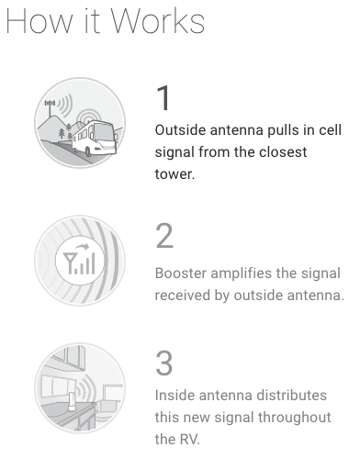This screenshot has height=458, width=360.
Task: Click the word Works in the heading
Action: tap(157, 21)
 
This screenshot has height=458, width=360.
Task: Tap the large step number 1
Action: tap(163, 98)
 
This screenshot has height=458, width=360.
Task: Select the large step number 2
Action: tap(164, 236)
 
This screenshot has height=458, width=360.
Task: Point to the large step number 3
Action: tap(164, 363)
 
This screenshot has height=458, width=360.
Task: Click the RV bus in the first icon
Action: tap(95, 139)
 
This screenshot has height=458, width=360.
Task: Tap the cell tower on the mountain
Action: tap(51, 107)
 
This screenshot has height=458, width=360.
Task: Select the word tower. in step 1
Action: tap(174, 174)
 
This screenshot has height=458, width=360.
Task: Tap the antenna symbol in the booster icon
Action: tap(68, 263)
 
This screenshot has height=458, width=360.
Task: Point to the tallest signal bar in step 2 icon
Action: tap(93, 263)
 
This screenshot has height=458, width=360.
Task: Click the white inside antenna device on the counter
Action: tap(73, 402)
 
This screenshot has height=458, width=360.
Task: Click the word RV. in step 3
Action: tap(189, 440)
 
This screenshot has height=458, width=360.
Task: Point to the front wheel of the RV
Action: tap(88, 151)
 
